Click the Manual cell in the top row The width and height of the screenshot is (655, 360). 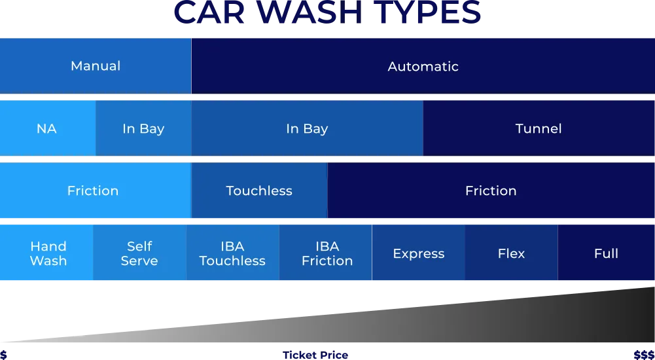(96, 66)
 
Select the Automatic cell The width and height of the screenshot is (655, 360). (423, 66)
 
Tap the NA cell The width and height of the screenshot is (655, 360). (47, 129)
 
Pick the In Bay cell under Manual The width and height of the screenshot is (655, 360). (143, 129)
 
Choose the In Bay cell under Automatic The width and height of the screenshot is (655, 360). (307, 129)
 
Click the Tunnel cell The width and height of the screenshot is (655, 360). (539, 129)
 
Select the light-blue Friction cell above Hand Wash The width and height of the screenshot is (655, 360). (93, 191)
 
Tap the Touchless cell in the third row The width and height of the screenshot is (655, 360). (259, 191)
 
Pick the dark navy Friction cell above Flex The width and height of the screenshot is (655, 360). (491, 191)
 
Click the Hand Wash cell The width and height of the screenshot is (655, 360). (48, 253)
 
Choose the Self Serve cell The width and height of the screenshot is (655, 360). (139, 253)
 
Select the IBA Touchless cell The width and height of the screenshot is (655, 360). (232, 253)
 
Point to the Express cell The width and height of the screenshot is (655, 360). (419, 253)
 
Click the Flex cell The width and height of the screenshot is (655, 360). (511, 253)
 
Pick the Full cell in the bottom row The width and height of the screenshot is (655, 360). (606, 253)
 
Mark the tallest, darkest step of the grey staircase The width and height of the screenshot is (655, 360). (646, 314)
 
